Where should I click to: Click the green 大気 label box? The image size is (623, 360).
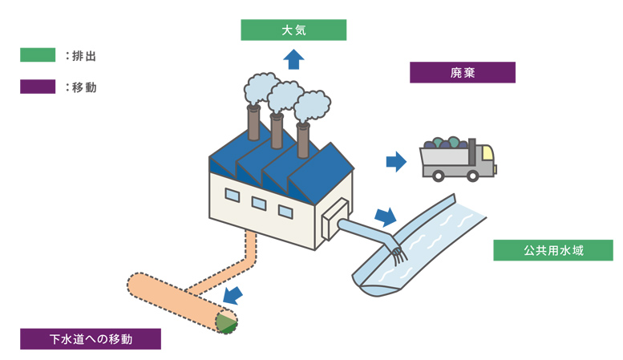pos(293,30)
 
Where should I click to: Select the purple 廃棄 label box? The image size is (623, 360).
pos(462,73)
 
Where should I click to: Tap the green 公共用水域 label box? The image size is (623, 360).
pos(553,251)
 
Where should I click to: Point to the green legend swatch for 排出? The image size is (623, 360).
pos(38,55)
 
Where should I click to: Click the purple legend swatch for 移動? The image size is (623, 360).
pos(38,87)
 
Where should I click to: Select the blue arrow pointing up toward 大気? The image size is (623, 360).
pos(294,59)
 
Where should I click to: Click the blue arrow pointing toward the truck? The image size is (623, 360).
pos(396,161)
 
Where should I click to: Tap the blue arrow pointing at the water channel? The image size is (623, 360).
pos(386,216)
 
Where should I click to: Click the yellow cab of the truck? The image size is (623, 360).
pos(485,157)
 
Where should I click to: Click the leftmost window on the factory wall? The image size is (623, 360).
pos(232,194)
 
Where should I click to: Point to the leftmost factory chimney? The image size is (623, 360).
pos(253,123)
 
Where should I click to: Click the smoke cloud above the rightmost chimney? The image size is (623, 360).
pos(312,105)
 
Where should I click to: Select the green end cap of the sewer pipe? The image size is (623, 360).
pos(227,322)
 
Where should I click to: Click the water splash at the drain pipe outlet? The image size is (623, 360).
pos(397,255)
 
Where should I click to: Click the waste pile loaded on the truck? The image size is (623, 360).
pos(446,144)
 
